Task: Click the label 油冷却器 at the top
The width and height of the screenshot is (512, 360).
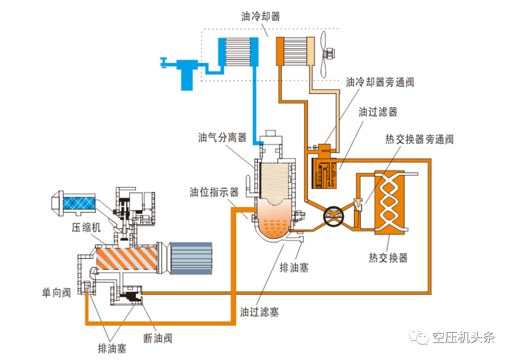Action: [261, 17]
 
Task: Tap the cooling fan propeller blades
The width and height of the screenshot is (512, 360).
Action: [324, 53]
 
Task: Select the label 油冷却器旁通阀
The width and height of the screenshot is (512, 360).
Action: [379, 82]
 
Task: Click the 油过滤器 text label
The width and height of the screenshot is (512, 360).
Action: [378, 112]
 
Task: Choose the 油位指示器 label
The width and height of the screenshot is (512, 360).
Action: [214, 192]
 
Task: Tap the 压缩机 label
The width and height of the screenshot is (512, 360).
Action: [87, 228]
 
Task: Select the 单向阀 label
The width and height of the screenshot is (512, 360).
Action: [56, 292]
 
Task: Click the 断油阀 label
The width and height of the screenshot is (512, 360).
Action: [158, 337]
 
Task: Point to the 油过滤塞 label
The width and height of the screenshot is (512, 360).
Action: [259, 312]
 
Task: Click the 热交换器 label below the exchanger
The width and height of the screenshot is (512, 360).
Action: [388, 257]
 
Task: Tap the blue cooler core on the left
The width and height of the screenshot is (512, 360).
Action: [238, 53]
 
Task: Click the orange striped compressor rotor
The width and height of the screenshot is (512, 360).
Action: [126, 257]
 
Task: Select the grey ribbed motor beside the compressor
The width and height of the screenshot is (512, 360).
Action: [190, 257]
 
